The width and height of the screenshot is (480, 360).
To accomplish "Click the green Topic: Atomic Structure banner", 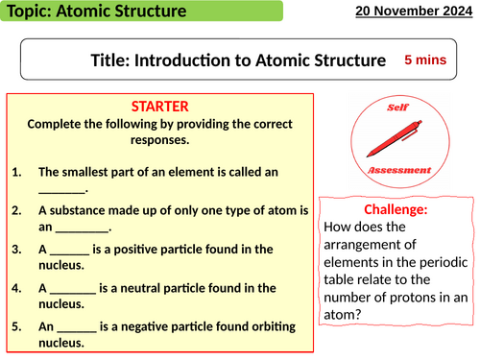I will coord(141,12).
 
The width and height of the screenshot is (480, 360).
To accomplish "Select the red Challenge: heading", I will coord(396,210).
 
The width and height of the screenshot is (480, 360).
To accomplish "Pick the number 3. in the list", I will coord(20,250).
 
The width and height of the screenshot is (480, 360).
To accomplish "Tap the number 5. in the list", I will coord(20,325).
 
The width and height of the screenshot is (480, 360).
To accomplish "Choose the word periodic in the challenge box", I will coord(441,265).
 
